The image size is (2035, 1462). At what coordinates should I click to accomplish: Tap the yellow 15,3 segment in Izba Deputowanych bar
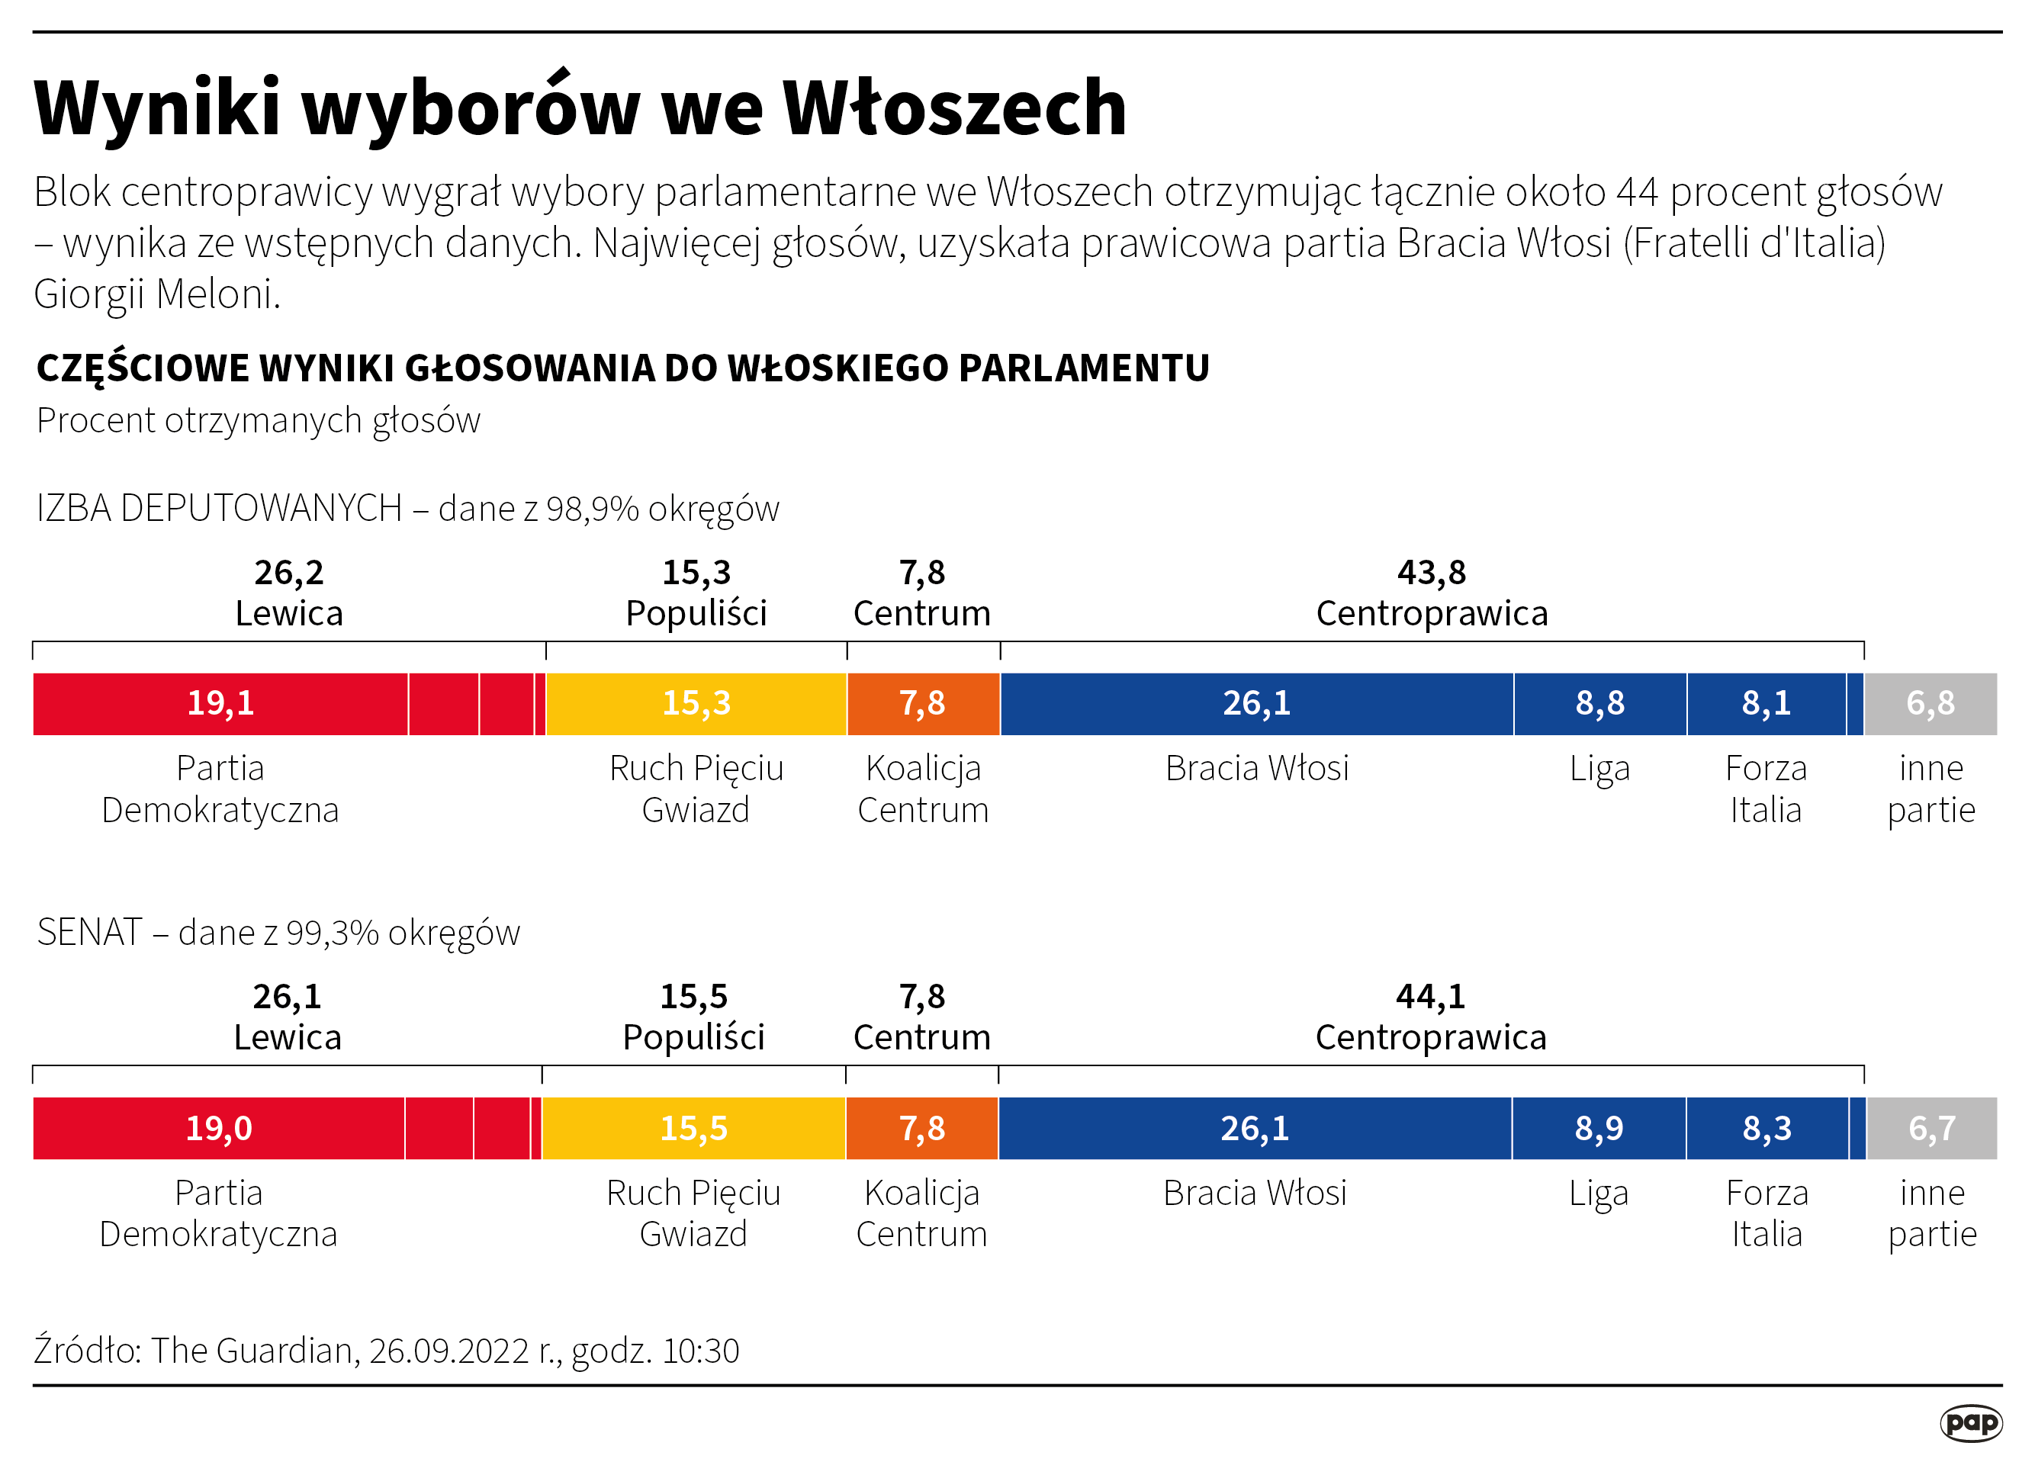[696, 703]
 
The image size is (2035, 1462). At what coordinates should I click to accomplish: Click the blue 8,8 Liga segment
[1599, 703]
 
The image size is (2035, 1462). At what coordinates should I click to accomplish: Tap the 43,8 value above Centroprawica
[1431, 572]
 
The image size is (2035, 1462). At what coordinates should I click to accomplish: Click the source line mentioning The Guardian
[386, 1350]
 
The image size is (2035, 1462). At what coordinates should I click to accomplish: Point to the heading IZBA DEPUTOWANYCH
[219, 509]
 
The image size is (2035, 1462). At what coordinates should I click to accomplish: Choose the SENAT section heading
[90, 933]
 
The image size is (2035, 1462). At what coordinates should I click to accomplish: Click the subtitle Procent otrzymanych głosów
[259, 419]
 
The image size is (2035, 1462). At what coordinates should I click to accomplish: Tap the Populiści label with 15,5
[693, 1037]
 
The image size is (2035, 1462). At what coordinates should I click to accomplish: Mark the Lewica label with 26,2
[289, 613]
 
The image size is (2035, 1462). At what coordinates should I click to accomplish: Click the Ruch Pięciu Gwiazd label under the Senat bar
[693, 1213]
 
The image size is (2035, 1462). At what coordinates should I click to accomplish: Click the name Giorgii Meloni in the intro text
[157, 294]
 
